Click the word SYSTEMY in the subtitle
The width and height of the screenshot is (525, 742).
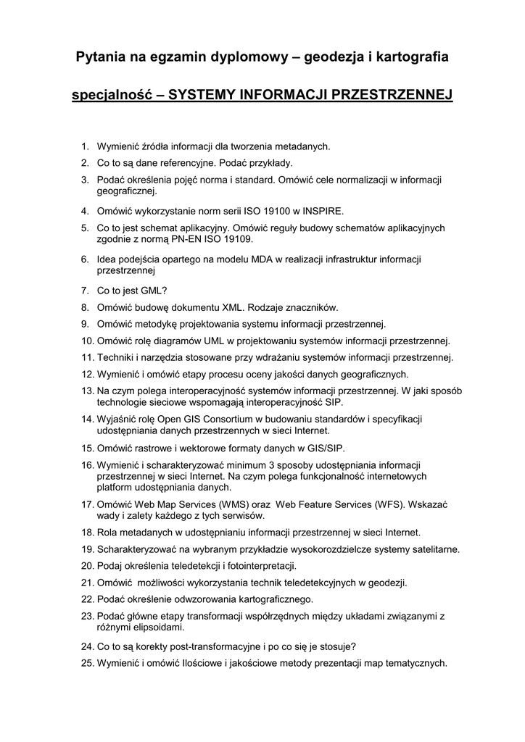[x=201, y=95]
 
